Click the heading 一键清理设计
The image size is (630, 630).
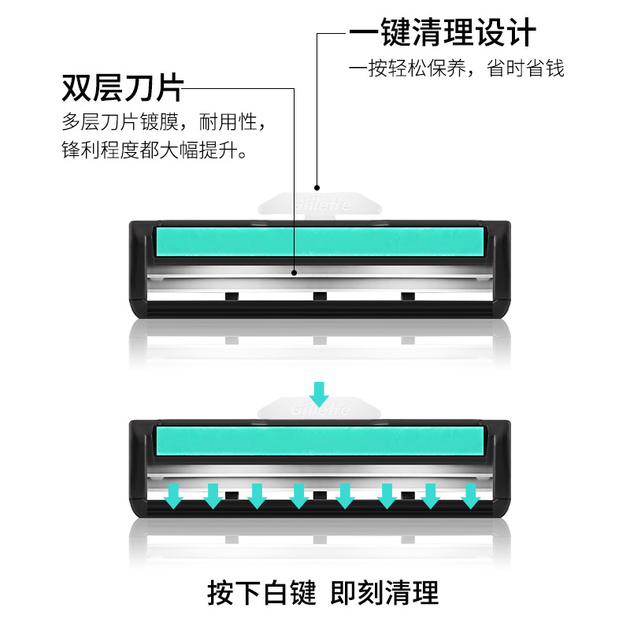pos(443,34)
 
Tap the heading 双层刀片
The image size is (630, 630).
pos(122,88)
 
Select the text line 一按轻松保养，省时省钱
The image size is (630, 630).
pos(457,69)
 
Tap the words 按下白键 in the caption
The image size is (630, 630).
pos(261,592)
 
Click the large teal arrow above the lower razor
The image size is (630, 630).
pos(319,392)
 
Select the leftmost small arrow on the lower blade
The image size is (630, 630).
pos(174,495)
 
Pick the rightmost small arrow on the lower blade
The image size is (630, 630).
pos(470,495)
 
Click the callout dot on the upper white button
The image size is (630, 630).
pos(317,188)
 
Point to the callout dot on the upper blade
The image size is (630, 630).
pos(295,273)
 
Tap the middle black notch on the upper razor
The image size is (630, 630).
pos(319,296)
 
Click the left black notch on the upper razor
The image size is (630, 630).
pos(232,296)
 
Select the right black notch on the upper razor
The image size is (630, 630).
pos(407,296)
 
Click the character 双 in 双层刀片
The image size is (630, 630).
pos(77,88)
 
